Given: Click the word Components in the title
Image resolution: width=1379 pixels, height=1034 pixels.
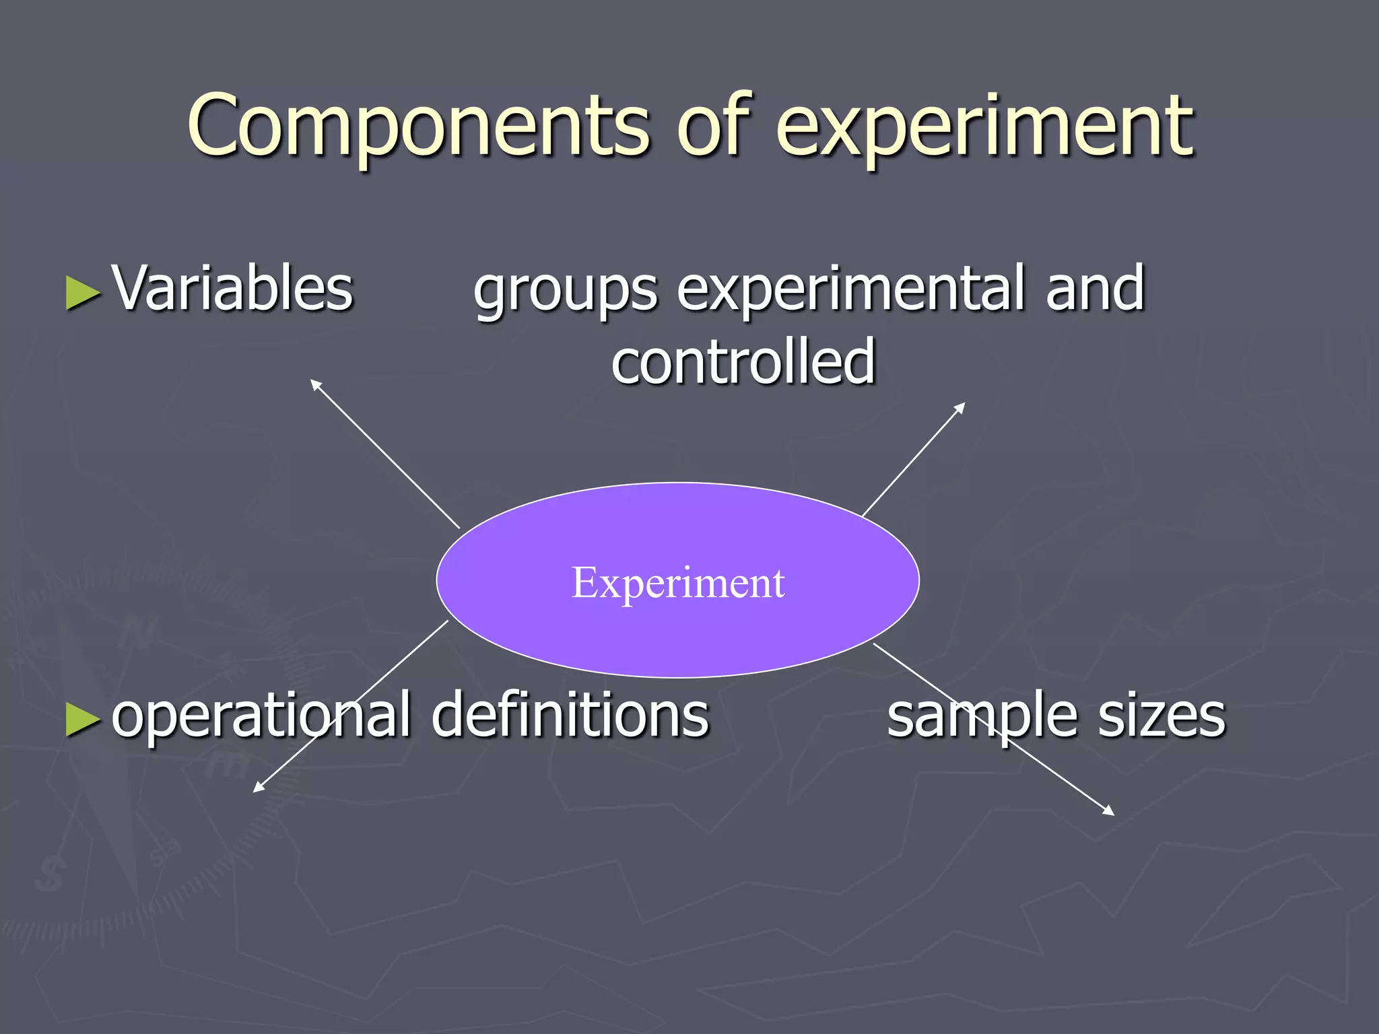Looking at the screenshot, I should click(x=417, y=127).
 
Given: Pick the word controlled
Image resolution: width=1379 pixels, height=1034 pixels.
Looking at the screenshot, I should click(x=743, y=361).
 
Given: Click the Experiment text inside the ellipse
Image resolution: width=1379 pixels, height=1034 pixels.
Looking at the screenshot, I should click(x=677, y=582).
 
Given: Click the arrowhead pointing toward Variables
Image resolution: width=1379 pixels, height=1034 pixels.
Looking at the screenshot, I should click(x=314, y=384).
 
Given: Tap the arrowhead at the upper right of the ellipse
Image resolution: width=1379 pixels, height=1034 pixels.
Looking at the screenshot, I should click(x=962, y=407).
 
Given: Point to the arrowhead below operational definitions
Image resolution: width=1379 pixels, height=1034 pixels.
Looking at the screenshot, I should click(x=258, y=788).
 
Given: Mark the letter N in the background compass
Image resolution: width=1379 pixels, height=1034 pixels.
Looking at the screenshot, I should click(x=138, y=633).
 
